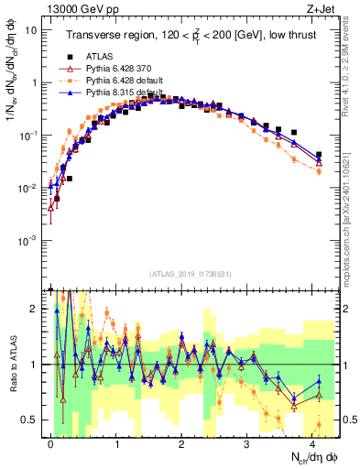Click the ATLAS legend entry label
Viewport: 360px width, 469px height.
pos(99,57)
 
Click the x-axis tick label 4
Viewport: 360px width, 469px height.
pos(312,442)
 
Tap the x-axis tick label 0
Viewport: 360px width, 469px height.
pos(50,442)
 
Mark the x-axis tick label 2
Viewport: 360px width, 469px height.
pos(181,442)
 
